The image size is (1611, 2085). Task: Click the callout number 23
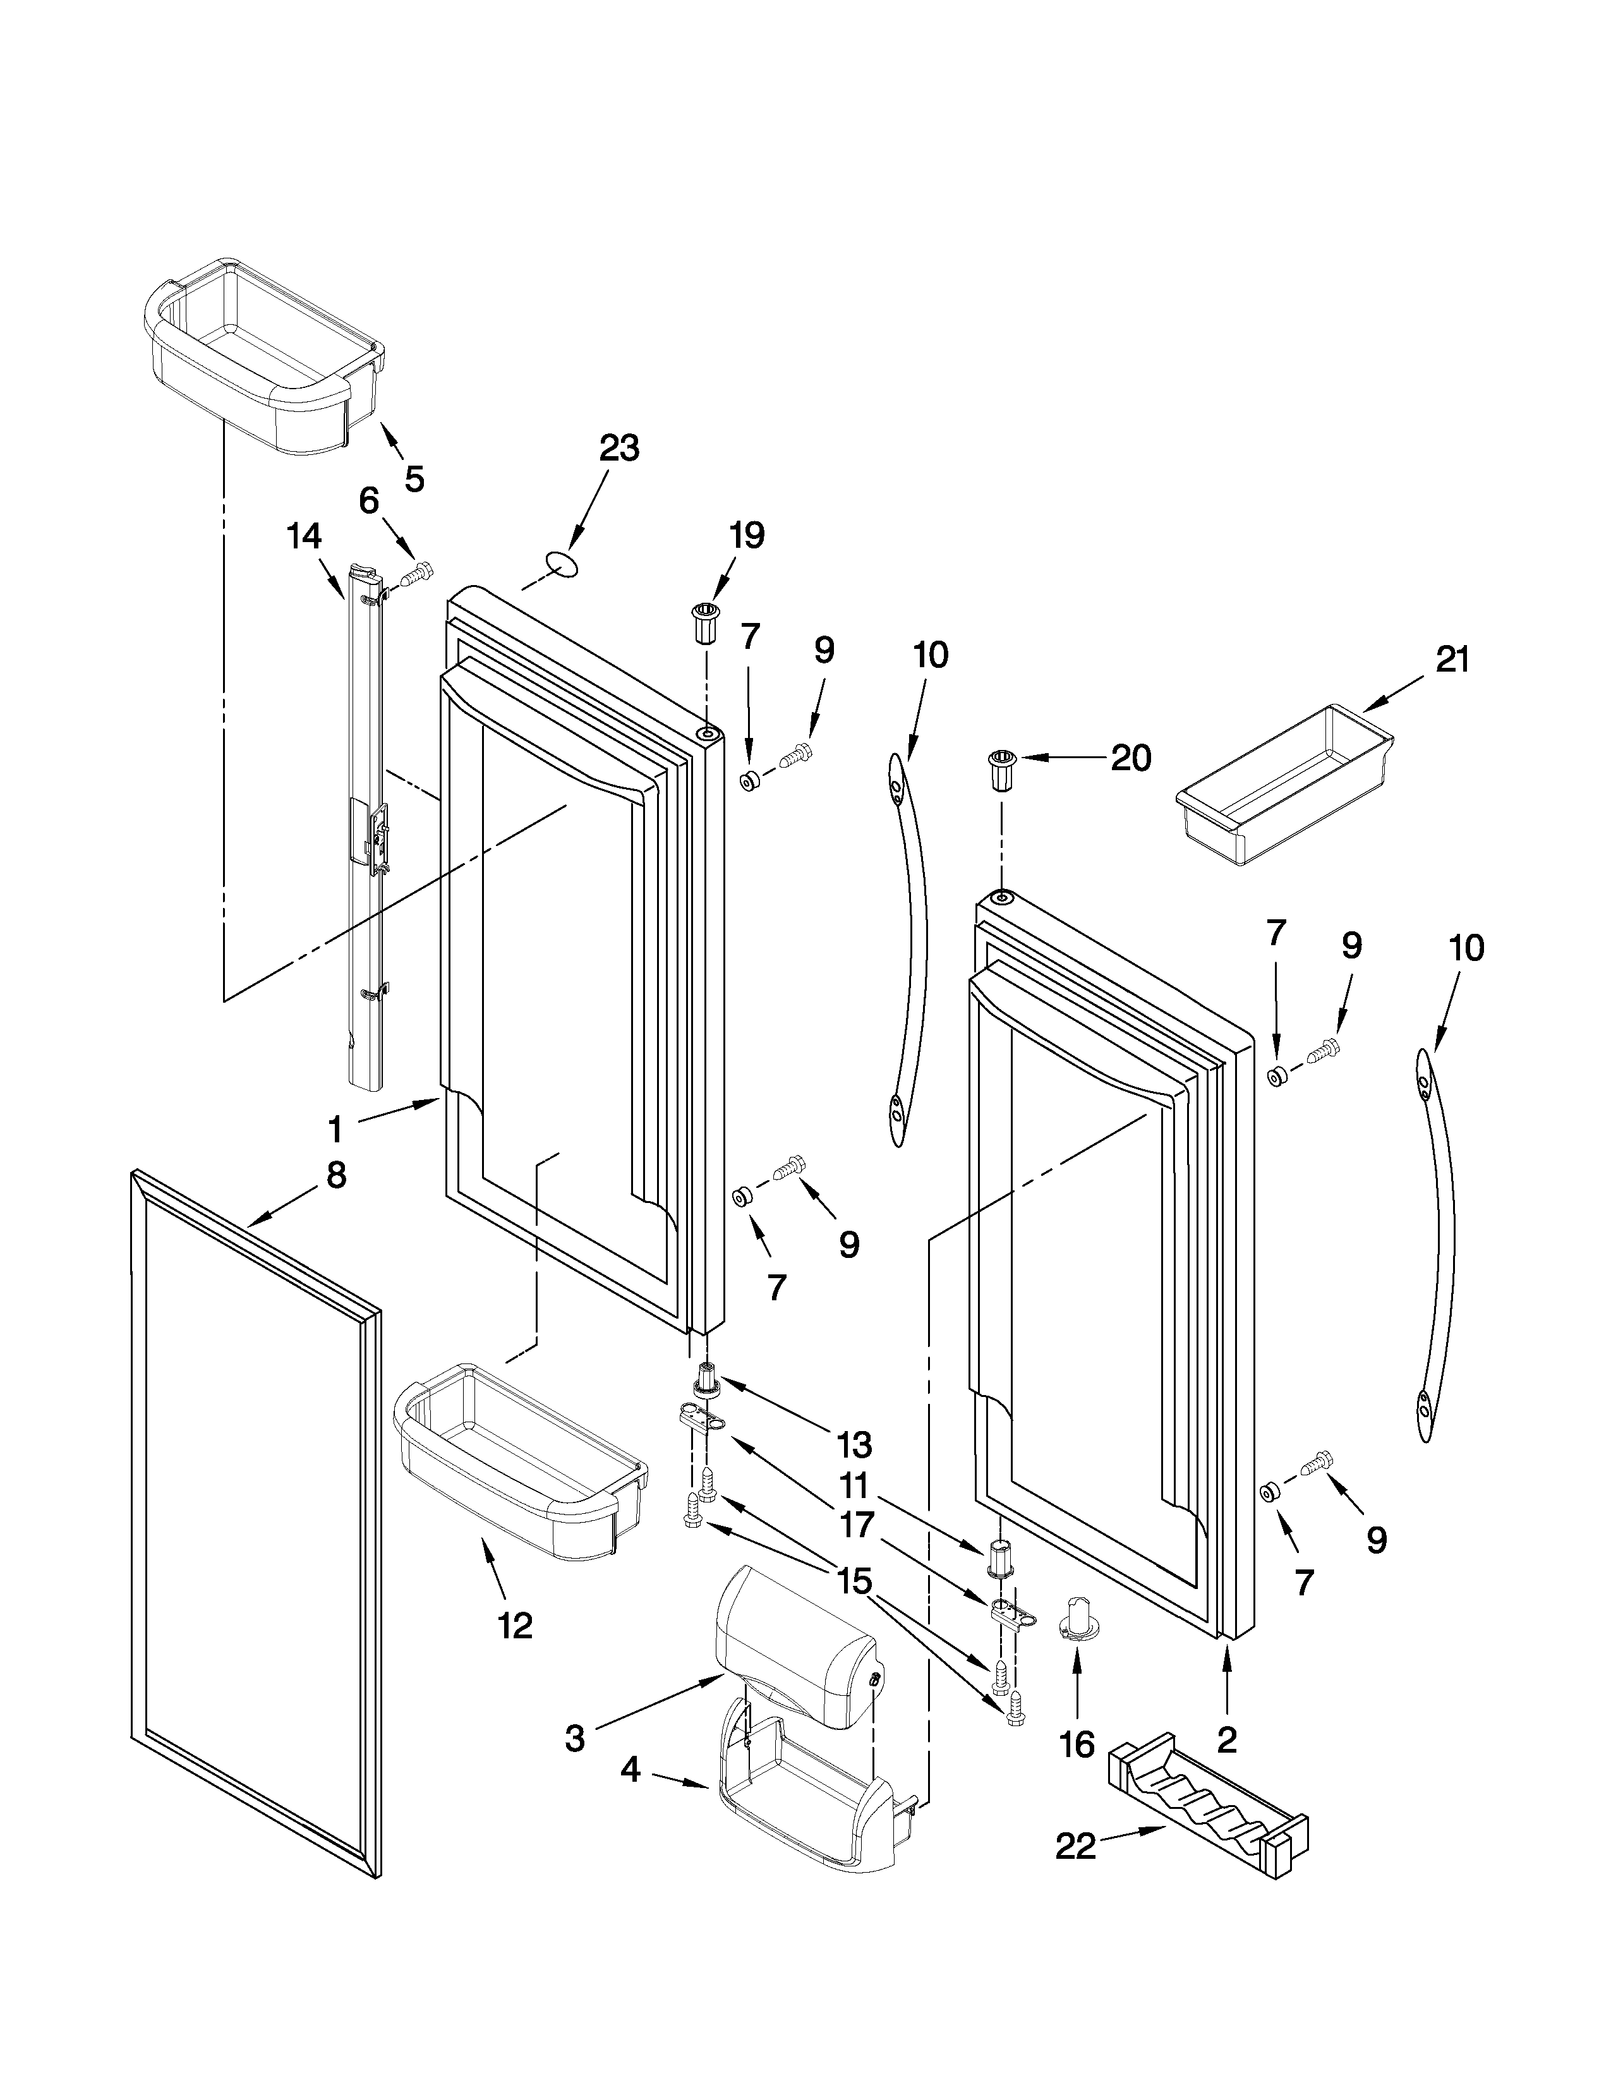(x=619, y=448)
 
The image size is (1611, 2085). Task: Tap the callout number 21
(x=1452, y=660)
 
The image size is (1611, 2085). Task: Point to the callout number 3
(x=574, y=1739)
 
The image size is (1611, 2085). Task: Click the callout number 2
(x=1228, y=1739)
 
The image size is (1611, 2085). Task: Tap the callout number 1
(x=334, y=1130)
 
